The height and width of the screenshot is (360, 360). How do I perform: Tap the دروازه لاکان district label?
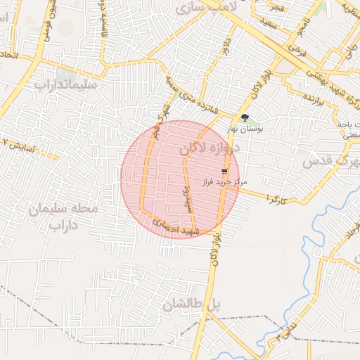click(x=209, y=149)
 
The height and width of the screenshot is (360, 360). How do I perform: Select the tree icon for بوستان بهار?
click(x=244, y=118)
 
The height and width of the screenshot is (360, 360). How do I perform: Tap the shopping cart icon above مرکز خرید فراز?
click(x=224, y=171)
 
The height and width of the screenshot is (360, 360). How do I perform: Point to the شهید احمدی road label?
click(x=177, y=228)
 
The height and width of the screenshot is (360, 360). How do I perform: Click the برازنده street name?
click(x=308, y=96)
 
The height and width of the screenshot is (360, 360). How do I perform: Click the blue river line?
click(x=308, y=281)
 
